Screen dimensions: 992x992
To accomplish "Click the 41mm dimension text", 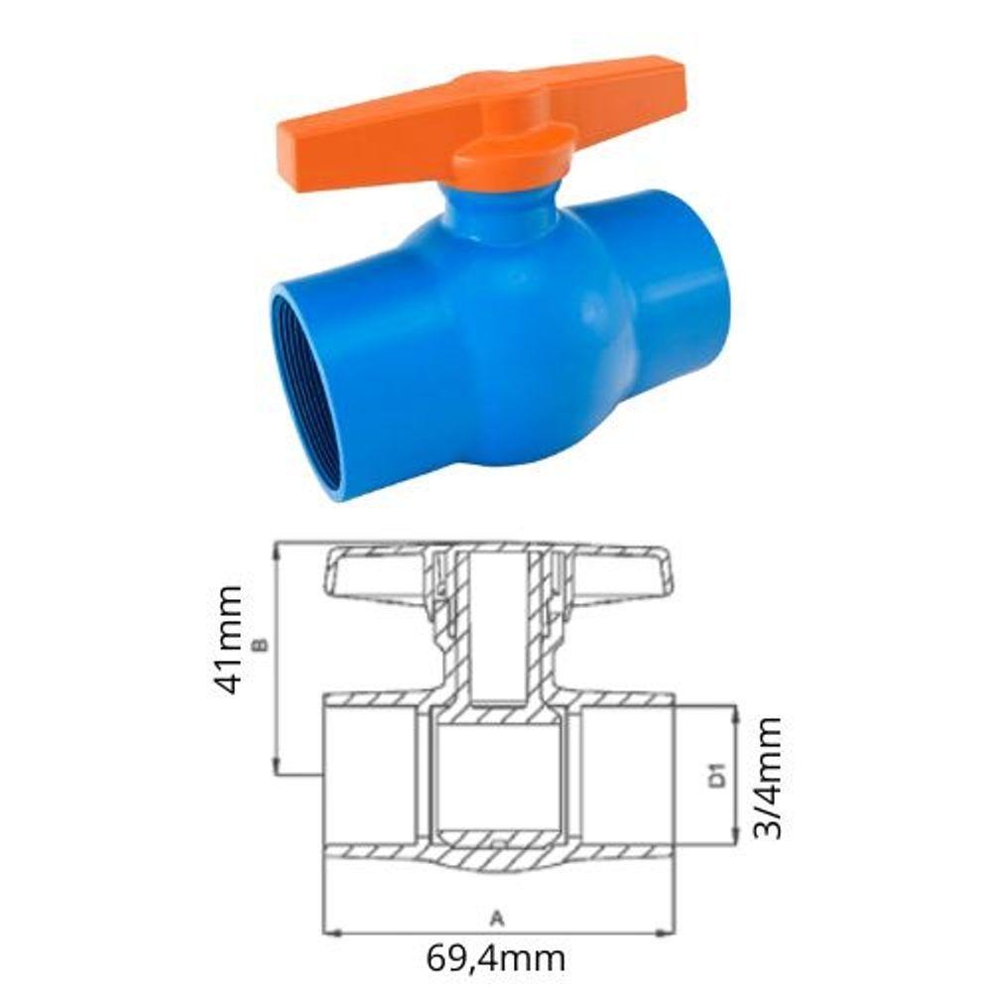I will click(227, 640).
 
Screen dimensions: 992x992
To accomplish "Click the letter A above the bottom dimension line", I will click(498, 919).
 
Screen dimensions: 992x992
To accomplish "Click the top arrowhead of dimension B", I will click(276, 548).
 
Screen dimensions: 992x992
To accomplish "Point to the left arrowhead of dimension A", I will click(329, 932).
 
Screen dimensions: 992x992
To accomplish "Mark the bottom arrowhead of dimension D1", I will click(736, 841).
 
